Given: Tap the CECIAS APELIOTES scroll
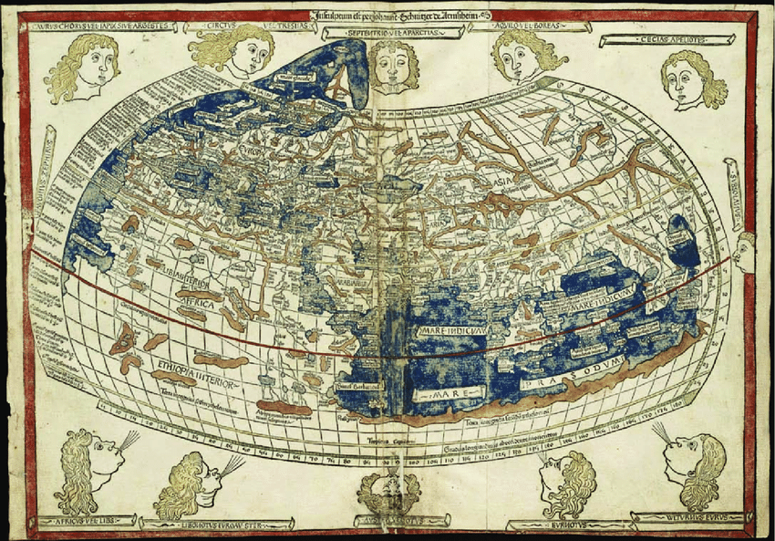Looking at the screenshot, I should (x=668, y=40).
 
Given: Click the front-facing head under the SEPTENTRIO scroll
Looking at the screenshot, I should (x=393, y=68).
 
